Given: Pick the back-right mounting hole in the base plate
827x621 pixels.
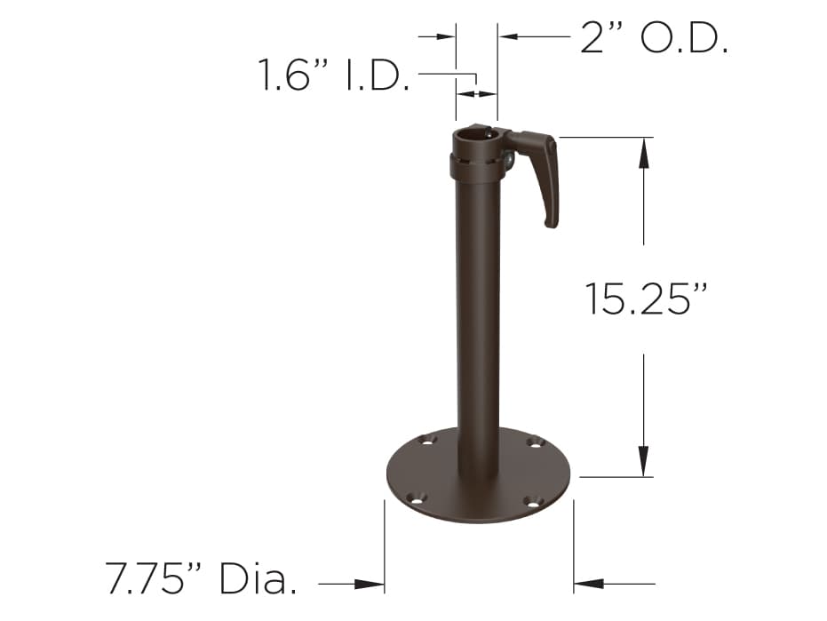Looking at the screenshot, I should (534, 442).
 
